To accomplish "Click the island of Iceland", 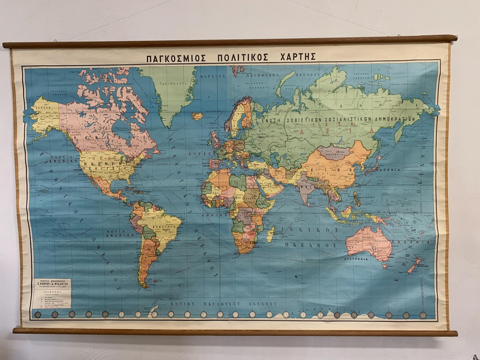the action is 197,116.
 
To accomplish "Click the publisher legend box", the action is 52,293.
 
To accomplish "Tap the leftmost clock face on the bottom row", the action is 38,314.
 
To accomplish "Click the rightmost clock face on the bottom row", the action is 423,315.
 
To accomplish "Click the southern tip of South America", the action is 143,285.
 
